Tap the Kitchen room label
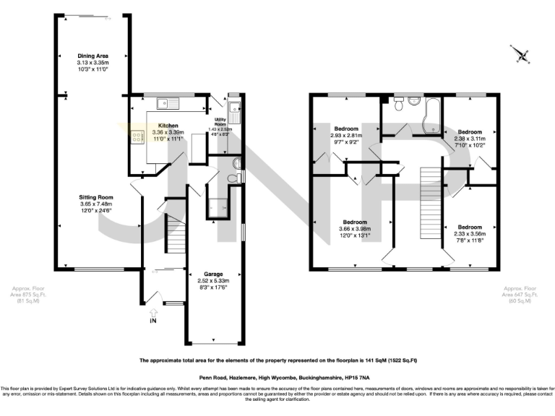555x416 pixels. pyautogui.click(x=168, y=125)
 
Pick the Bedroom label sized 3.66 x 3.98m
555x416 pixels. pyautogui.click(x=355, y=222)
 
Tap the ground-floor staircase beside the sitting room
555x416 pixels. pyautogui.click(x=174, y=233)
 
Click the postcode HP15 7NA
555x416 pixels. pyautogui.click(x=359, y=377)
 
